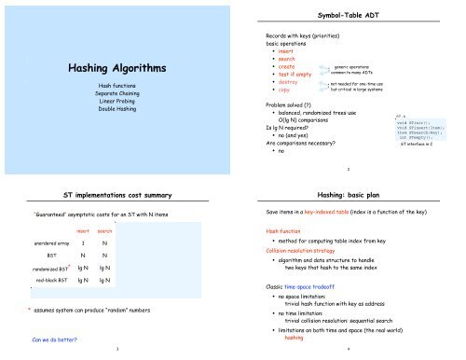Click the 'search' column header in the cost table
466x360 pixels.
105,230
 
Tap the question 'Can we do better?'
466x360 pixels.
43,339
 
